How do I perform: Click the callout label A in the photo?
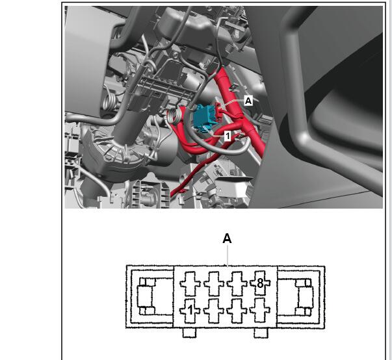[x=248, y=101]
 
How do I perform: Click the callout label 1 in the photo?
[x=228, y=136]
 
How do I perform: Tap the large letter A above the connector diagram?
[x=227, y=238]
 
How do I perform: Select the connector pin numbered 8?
[x=260, y=283]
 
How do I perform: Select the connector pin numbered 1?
[x=190, y=311]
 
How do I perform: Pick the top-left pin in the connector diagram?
[x=190, y=283]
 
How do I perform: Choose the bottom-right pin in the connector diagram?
[x=260, y=311]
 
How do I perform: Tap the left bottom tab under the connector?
[x=190, y=333]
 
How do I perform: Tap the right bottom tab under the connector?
[x=261, y=333]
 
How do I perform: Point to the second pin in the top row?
[x=214, y=283]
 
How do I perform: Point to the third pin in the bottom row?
[x=237, y=311]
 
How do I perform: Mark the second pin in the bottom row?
[x=214, y=311]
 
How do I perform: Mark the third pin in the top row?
[x=237, y=283]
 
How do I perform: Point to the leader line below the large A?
[x=228, y=255]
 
